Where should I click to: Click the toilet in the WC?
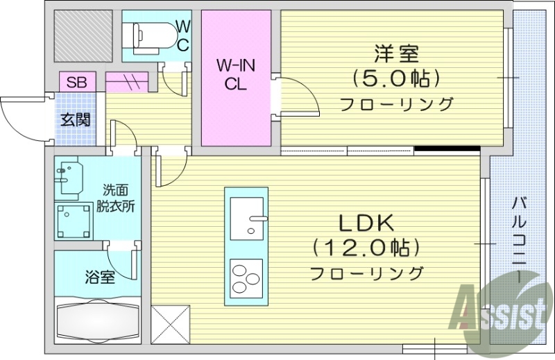pyautogui.click(x=149, y=33)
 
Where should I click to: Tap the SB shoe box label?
pyautogui.click(x=76, y=81)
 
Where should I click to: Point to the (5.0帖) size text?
pyautogui.click(x=396, y=78)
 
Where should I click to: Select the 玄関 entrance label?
pyautogui.click(x=74, y=119)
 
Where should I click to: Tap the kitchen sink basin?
pyautogui.click(x=246, y=218)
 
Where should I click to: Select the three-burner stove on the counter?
pyautogui.click(x=246, y=277)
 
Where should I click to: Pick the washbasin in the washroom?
pyautogui.click(x=70, y=176)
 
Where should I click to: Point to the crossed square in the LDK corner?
pyautogui.click(x=169, y=322)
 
